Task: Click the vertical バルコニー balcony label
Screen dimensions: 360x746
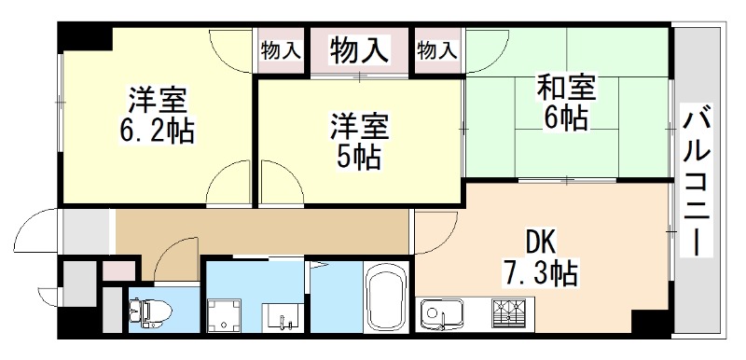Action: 694,183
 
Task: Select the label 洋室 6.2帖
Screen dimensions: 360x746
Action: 159,115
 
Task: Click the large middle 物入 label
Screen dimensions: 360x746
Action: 359,48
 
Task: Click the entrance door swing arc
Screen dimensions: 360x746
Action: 35,228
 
